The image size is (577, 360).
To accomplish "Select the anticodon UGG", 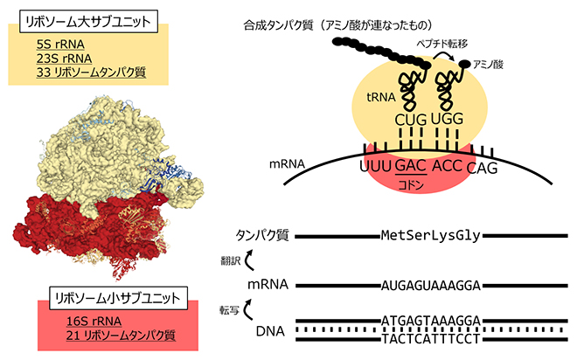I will coord(452,117).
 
